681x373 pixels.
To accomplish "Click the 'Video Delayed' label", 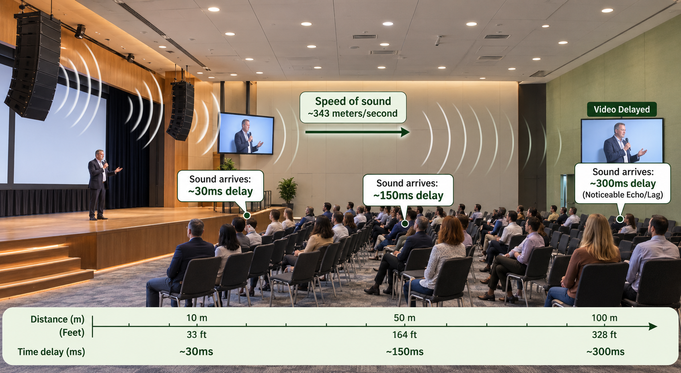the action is pos(622,109).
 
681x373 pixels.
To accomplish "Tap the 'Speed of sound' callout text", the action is pos(353,101).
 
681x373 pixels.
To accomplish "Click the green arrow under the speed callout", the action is pos(357,132).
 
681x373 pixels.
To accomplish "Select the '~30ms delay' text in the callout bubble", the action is pos(220,191).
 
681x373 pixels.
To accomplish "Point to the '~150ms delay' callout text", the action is pos(408,195).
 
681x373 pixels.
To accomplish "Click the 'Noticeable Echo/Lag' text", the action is pos(623,195).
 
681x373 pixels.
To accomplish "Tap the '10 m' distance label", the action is pos(197,318).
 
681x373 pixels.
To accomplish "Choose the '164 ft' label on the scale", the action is pos(404,335).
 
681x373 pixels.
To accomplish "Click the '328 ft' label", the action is pos(604,335).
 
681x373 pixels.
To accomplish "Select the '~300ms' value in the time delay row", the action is pos(605,352).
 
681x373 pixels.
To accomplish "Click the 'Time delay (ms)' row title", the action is pos(51,352).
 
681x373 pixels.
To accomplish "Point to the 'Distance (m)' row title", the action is pos(57,319).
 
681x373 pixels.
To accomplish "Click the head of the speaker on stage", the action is pos(99,155).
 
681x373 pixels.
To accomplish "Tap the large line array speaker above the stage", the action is pos(33,66).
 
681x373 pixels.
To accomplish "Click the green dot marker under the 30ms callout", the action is pos(247,215).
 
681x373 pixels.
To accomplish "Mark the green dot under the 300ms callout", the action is pos(620,219).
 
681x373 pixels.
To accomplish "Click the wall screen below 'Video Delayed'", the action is pos(622,141).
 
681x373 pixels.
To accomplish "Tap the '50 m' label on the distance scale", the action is pos(404,318).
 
